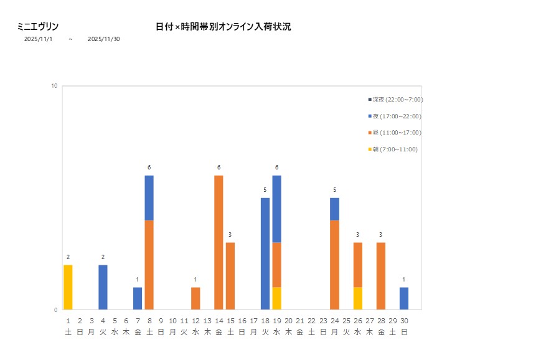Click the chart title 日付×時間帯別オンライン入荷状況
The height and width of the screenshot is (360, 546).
click(223, 27)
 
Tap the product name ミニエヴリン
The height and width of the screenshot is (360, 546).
click(38, 27)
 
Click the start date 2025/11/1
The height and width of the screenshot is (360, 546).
click(38, 39)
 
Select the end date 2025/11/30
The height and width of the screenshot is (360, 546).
click(104, 39)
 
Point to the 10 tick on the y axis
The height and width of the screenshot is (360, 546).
click(54, 86)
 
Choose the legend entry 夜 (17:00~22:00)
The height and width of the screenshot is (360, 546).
click(397, 116)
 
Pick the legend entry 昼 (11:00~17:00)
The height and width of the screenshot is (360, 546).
click(397, 133)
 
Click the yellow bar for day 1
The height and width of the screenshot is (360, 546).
click(68, 287)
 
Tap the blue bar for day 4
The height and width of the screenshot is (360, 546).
click(103, 287)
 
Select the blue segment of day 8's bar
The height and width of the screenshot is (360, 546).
click(149, 197)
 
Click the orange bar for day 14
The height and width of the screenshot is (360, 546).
click(219, 242)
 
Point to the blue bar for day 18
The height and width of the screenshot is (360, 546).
click(265, 253)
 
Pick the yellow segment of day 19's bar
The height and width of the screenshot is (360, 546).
click(276, 298)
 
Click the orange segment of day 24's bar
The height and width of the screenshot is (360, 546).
click(334, 265)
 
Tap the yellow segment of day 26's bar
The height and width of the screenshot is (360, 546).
click(357, 298)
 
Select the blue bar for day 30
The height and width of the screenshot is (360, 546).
click(404, 298)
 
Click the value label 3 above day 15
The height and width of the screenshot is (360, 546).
click(230, 234)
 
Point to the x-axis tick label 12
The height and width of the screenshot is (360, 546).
click(195, 321)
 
